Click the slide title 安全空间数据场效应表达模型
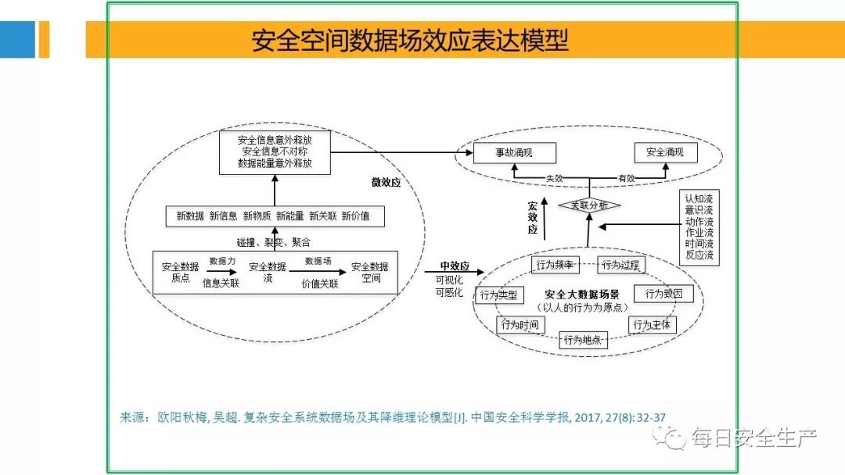410,40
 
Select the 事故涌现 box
514,152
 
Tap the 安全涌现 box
664,152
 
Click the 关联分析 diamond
589,205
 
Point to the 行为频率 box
555,265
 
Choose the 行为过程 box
620,265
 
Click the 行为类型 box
498,295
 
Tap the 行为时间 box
520,324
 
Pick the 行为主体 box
653,324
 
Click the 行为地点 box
583,340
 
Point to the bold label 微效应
386,183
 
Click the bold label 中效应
455,266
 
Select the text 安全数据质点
181,272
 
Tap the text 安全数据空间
369,272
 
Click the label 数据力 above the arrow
222,261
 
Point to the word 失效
555,179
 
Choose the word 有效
626,179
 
